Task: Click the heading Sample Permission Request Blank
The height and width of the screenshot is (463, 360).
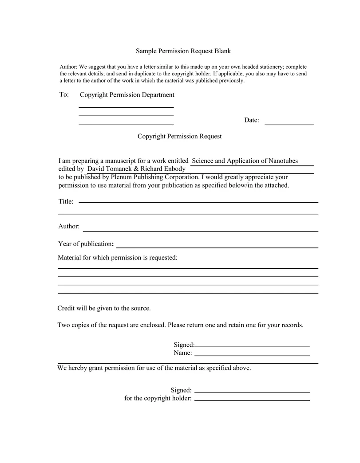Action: pyautogui.click(x=183, y=51)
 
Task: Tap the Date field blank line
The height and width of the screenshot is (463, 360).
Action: pyautogui.click(x=289, y=122)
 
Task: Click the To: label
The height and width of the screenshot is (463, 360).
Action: pyautogui.click(x=64, y=95)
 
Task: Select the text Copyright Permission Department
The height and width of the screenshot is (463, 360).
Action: pyautogui.click(x=127, y=95)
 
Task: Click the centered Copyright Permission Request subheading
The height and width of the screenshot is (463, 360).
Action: pyautogui.click(x=179, y=136)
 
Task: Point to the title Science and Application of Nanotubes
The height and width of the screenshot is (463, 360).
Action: pyautogui.click(x=245, y=161)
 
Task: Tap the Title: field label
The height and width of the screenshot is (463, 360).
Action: pyautogui.click(x=66, y=202)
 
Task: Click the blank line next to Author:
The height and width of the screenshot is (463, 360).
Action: pyautogui.click(x=201, y=230)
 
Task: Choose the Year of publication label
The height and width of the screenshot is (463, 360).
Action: pyautogui.click(x=86, y=244)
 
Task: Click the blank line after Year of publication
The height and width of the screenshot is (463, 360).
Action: pyautogui.click(x=217, y=247)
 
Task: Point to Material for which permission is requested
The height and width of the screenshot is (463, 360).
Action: pyautogui.click(x=118, y=258)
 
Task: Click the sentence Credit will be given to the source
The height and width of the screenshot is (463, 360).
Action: pyautogui.click(x=104, y=308)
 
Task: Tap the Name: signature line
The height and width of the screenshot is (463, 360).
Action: pyautogui.click(x=252, y=354)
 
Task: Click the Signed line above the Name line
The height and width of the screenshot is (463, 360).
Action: pyautogui.click(x=252, y=345)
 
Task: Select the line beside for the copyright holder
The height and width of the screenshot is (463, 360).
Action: pyautogui.click(x=252, y=400)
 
